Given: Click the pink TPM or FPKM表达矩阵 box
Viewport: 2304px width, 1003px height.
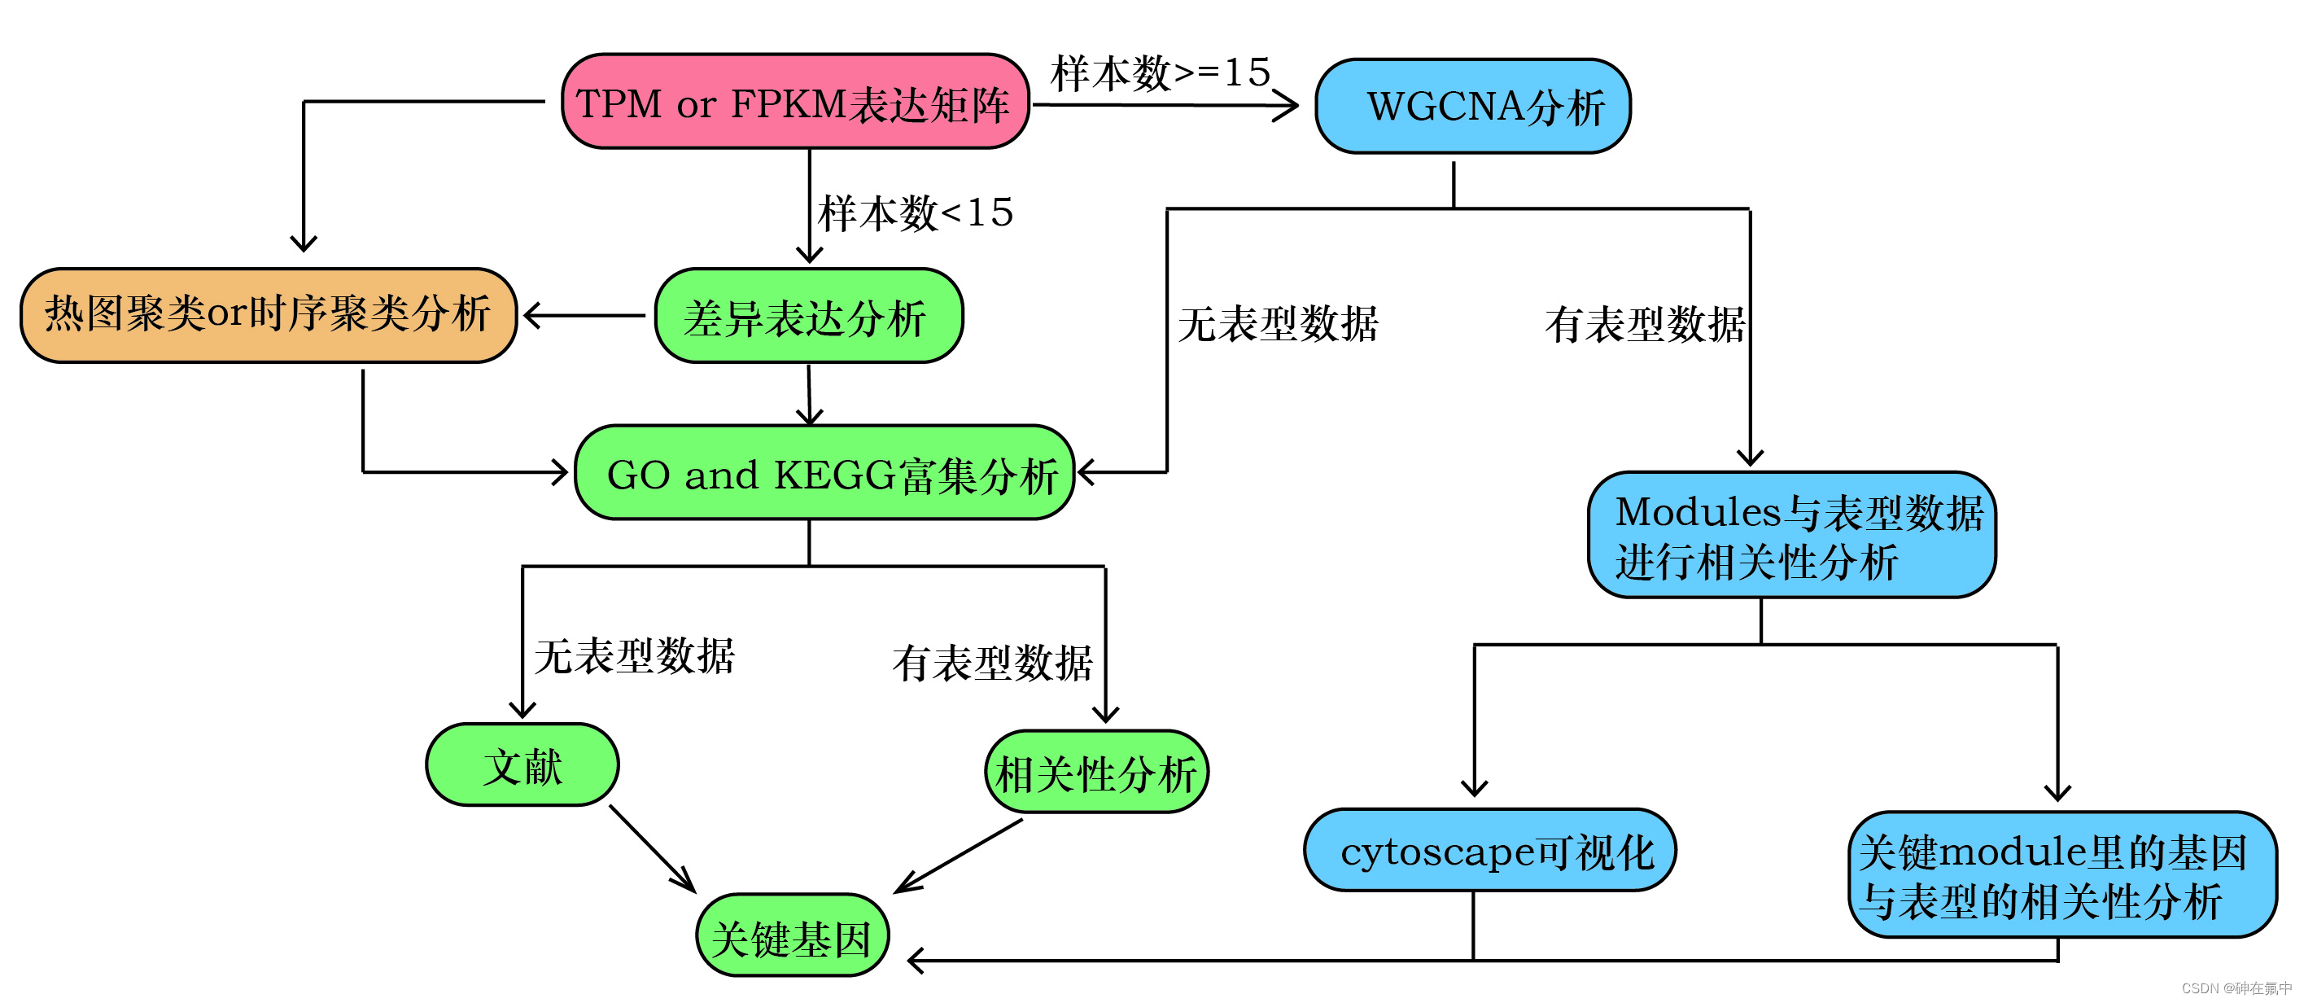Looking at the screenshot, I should pos(794,102).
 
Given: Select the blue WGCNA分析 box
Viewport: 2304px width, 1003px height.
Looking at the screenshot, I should pos(1472,107).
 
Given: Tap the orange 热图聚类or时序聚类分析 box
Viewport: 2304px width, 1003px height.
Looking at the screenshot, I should pos(269,315).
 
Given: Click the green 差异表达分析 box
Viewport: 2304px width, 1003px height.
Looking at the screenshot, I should pos(807,317).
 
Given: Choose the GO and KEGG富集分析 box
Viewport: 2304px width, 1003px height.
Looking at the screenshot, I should pos(824,473).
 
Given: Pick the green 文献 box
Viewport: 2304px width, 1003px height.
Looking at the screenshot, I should pos(522,766).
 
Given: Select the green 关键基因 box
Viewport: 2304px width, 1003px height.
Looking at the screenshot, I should pos(792,937).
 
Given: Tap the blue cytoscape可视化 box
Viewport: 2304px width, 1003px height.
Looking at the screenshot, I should pos(1489,851).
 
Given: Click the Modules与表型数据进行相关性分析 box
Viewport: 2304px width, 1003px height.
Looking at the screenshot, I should pos(1791,536).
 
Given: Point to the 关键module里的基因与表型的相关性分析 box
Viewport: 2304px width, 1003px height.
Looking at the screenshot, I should pos(2061,876).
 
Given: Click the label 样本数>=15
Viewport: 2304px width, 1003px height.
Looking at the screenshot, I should pos(1160,72).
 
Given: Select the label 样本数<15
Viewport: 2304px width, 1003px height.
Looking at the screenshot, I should pos(915,213).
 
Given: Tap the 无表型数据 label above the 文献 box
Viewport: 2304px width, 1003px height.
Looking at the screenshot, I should pos(634,656).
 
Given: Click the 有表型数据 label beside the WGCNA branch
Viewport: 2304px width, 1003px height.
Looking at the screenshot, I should pos(1644,324).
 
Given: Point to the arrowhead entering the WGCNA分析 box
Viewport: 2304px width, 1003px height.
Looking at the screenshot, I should pos(1288,106).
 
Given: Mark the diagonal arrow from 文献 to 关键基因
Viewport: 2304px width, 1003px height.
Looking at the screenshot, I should pos(651,848).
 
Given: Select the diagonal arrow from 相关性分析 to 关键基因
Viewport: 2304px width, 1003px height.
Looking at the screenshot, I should pos(959,856).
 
